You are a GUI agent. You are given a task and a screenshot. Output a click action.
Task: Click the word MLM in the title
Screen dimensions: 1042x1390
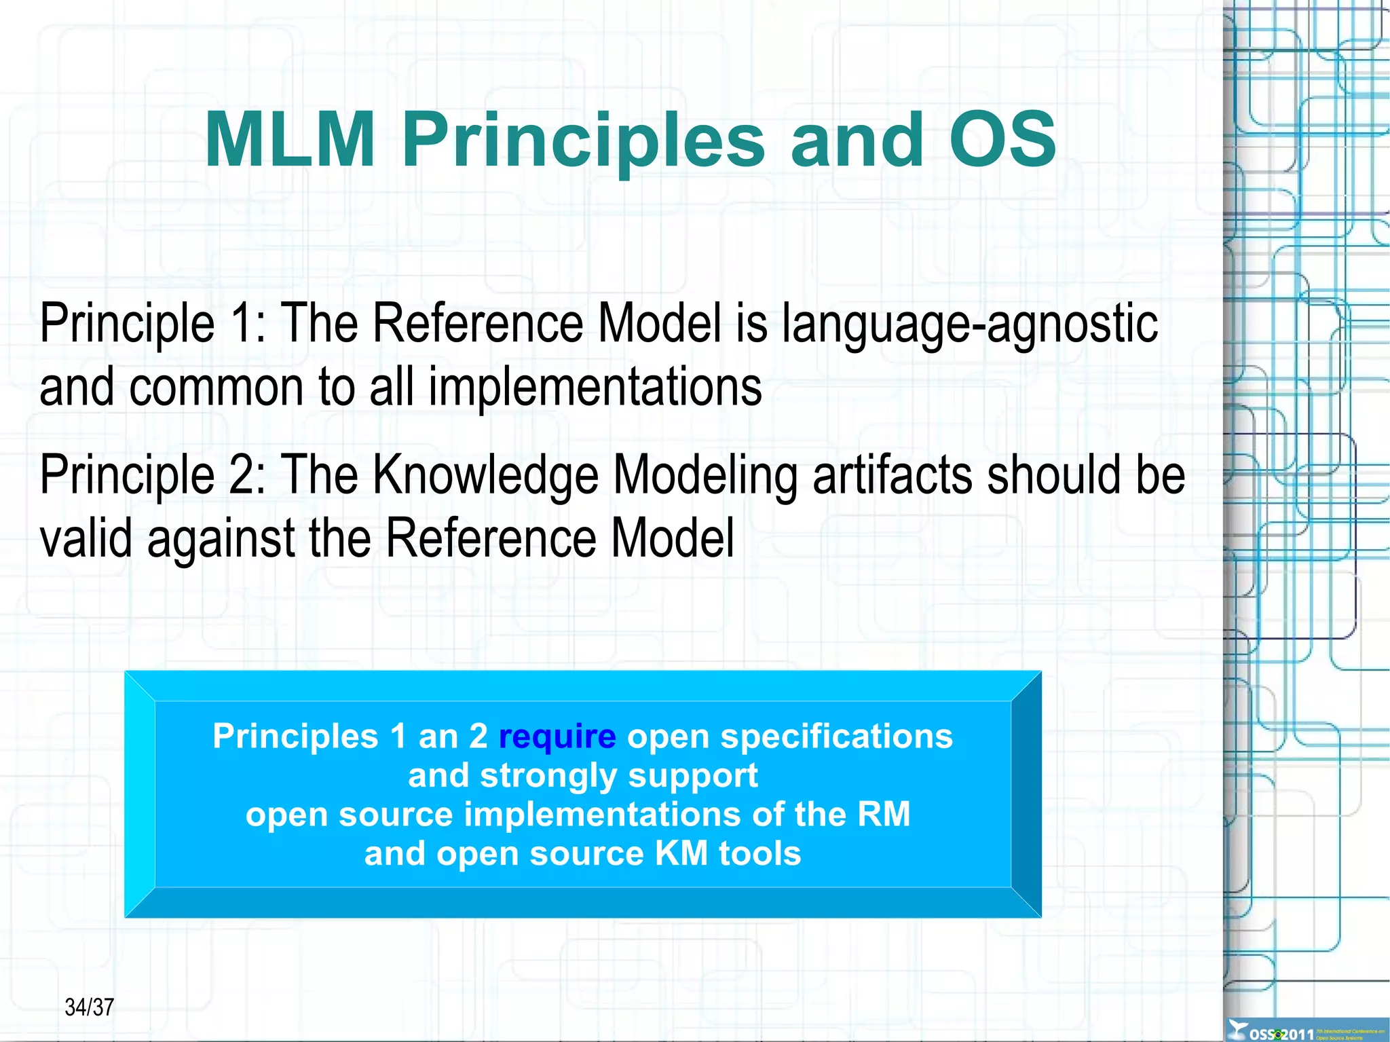pyautogui.click(x=290, y=141)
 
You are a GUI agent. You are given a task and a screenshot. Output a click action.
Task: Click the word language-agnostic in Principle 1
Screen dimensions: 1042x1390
pyautogui.click(x=969, y=325)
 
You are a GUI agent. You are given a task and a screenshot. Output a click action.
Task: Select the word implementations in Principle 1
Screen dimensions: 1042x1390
pyautogui.click(x=595, y=388)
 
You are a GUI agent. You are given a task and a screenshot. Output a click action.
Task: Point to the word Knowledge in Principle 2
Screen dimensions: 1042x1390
pyautogui.click(x=485, y=475)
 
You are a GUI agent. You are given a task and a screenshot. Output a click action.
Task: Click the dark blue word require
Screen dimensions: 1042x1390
pyautogui.click(x=557, y=737)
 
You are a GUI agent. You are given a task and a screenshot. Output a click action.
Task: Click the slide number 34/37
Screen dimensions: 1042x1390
pyautogui.click(x=89, y=1007)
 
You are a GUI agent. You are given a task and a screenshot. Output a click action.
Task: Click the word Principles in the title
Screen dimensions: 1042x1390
pyautogui.click(x=583, y=141)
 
